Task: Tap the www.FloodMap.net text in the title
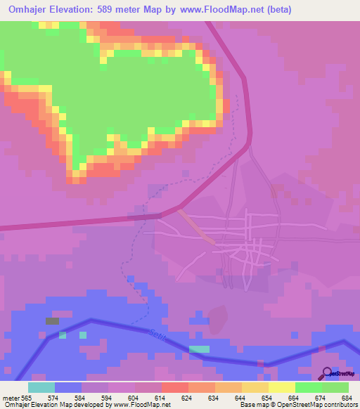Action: coord(217,9)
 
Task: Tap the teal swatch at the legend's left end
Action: coord(41,387)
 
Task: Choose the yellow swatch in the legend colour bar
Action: coord(282,387)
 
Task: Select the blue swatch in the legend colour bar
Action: coord(68,387)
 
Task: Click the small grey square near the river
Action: coord(53,320)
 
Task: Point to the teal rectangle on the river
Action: coord(200,349)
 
